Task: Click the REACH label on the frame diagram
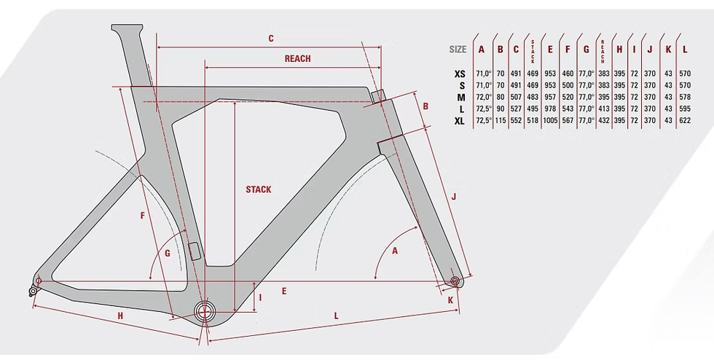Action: pos(297,59)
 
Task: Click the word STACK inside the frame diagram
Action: pos(258,189)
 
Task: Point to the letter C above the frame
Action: pos(270,38)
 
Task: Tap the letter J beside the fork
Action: pos(453,197)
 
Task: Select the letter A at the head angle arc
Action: pos(396,251)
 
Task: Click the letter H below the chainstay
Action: pos(119,315)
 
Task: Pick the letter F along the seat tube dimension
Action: pos(143,215)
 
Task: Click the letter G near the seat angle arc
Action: pos(167,254)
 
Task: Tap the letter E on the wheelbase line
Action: pos(283,291)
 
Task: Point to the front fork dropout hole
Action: pos(455,281)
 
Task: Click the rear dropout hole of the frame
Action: pos(39,281)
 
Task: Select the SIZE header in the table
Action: pos(458,50)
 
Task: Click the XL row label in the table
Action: pos(459,120)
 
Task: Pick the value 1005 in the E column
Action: pos(550,120)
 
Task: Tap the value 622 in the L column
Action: pos(685,120)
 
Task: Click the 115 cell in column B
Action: pos(500,120)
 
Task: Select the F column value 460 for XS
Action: pos(568,74)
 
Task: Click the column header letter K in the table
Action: pos(668,50)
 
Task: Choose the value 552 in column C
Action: pos(516,120)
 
